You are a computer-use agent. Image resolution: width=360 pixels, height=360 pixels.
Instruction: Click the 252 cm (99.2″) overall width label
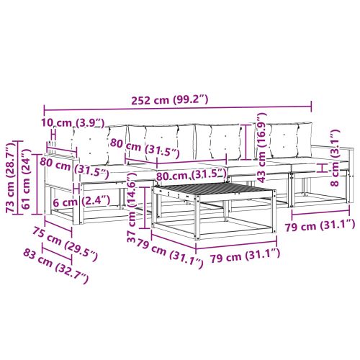170,100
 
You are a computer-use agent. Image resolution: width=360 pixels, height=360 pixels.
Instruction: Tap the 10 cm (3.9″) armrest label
73,123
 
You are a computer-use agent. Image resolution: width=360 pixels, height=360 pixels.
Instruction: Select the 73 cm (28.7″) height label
11,177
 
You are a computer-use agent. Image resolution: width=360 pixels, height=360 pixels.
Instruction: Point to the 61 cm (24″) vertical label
26,179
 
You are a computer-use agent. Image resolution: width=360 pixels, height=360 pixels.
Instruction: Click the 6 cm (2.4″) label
81,202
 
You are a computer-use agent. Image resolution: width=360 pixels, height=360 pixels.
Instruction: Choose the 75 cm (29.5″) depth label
65,244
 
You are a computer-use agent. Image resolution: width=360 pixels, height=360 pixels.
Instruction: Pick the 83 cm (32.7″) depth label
56,266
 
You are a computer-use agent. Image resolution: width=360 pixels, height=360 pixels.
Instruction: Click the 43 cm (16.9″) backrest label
262,148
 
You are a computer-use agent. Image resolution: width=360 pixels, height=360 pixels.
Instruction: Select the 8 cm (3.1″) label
335,158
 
